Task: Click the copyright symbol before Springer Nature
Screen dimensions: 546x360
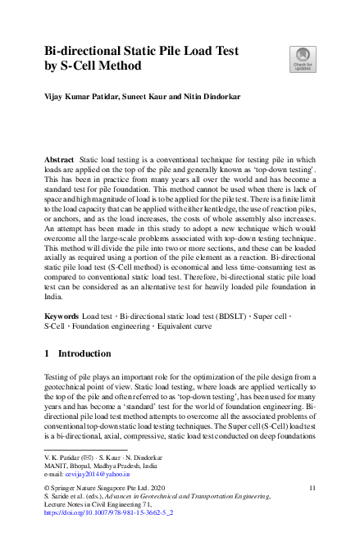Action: click(47, 488)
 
